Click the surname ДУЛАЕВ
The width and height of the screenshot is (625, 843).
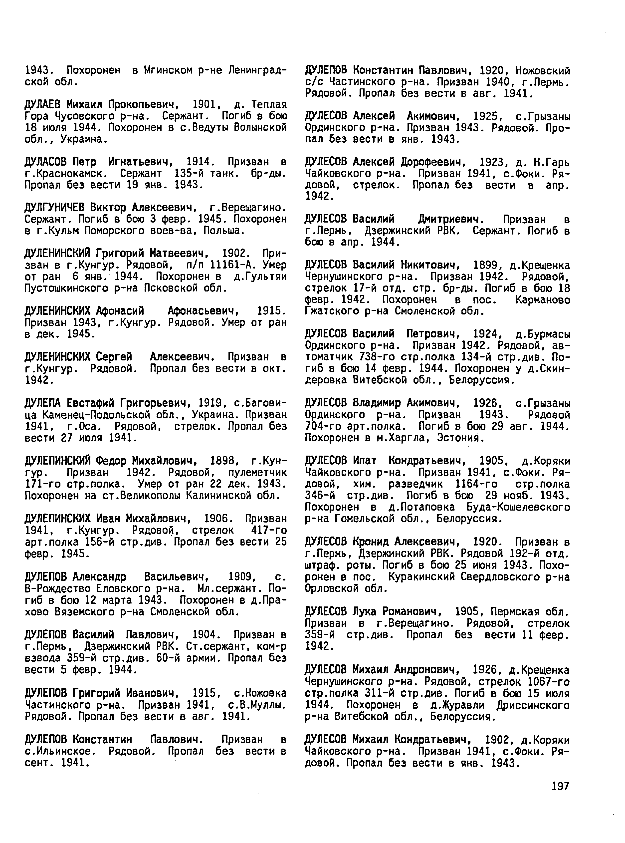pos(45,104)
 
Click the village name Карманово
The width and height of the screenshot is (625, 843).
pos(543,300)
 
